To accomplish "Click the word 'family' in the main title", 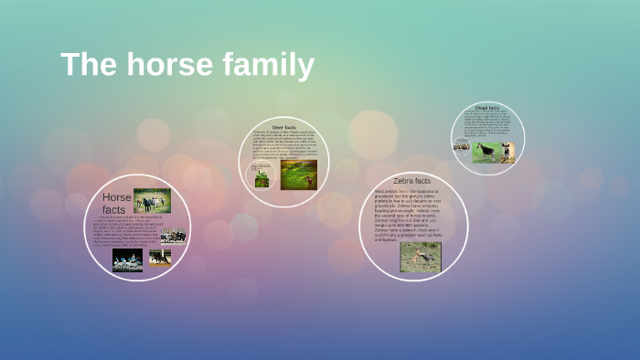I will point(268,66).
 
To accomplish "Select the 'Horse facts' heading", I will point(116,203).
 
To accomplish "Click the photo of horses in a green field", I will point(152,200).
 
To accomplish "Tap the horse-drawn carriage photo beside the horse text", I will point(173,236).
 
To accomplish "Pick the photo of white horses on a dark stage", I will point(127,260).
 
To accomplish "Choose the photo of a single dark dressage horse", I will point(160,258).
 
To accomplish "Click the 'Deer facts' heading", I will point(284,127).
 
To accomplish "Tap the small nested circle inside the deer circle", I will point(262,175).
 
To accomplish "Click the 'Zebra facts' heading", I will point(412,181).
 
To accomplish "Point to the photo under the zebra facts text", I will point(420,257).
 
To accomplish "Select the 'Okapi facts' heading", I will point(488,108).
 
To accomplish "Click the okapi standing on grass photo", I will point(485,152).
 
